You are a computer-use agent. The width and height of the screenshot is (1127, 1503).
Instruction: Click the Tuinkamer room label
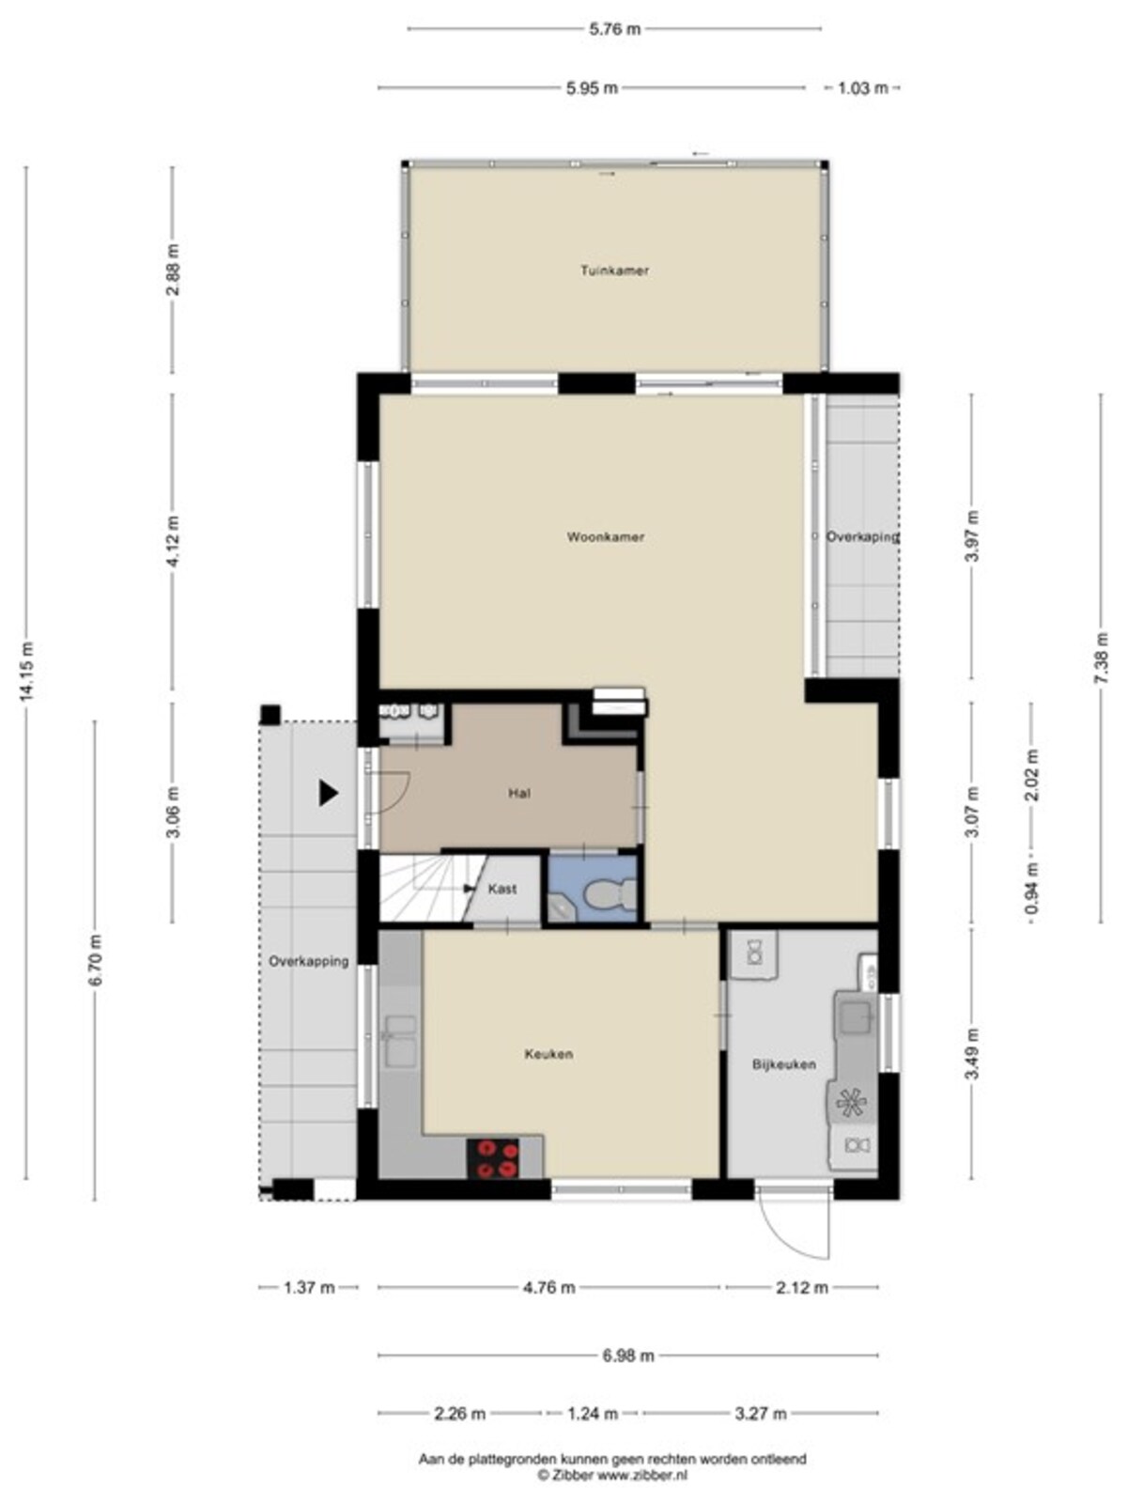(614, 271)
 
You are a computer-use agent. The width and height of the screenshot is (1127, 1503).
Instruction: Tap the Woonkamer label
(606, 536)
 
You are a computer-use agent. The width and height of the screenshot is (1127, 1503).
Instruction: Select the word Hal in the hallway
(519, 794)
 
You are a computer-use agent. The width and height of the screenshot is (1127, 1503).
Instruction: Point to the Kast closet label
(502, 889)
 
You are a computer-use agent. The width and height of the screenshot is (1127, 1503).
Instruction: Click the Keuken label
(548, 1054)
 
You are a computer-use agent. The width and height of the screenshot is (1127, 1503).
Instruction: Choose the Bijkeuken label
(784, 1064)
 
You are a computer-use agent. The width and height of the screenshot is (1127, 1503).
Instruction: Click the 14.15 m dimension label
(26, 671)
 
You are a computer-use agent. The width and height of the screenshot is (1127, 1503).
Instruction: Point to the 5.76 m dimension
(614, 29)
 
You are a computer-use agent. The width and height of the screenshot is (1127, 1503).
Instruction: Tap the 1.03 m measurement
(863, 87)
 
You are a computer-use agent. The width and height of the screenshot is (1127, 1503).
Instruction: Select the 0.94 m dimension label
(1032, 888)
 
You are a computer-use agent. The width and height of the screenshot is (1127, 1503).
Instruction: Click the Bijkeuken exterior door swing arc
(787, 1232)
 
